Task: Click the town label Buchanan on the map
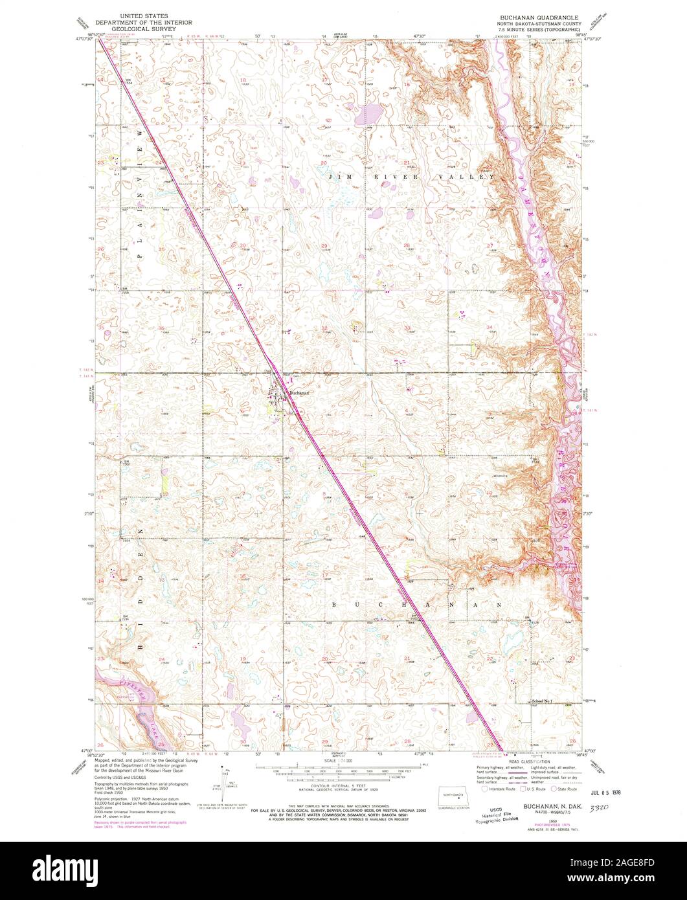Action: (x=299, y=392)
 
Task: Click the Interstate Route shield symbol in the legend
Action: (x=484, y=789)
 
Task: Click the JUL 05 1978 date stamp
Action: (x=605, y=791)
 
